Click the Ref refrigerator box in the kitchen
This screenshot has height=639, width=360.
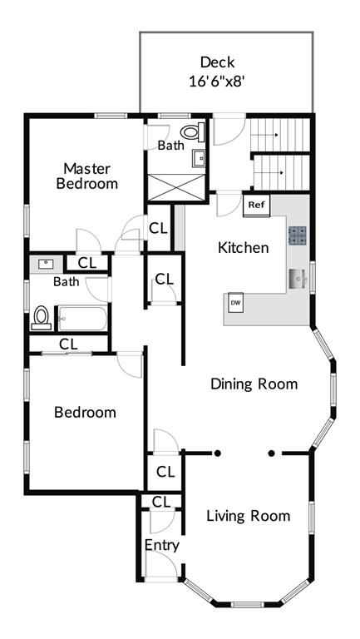(257, 206)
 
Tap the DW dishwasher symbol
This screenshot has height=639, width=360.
(236, 302)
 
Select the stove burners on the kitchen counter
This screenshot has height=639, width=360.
(298, 235)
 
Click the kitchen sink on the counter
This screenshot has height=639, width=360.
(298, 279)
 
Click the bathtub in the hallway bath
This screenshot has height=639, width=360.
(82, 319)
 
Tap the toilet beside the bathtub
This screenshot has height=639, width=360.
(41, 318)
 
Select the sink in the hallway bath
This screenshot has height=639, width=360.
(46, 264)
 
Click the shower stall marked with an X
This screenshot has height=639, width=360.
(176, 187)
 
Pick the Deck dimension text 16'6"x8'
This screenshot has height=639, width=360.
(218, 81)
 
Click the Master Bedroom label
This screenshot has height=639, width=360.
(87, 176)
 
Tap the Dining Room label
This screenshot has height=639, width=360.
(254, 384)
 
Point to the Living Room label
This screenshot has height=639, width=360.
(249, 516)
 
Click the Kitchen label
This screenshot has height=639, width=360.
(244, 247)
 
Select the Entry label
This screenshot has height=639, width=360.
(162, 546)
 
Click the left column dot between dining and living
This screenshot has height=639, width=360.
(218, 453)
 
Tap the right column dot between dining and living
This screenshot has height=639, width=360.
(272, 453)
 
